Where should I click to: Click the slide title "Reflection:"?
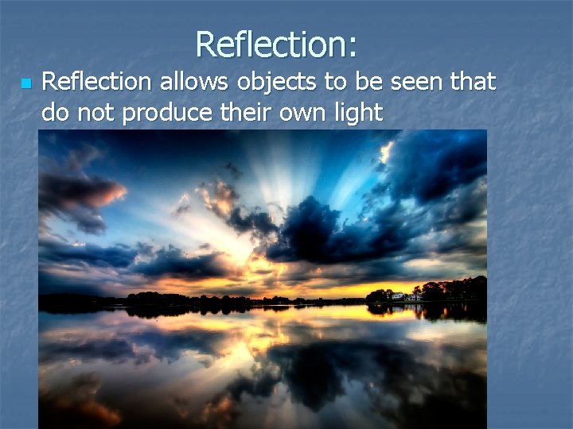coord(275,44)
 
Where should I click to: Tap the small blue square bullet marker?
coord(25,83)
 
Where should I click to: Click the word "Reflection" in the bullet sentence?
coord(95,81)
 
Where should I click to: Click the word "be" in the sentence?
coord(353,81)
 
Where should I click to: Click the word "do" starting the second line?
coord(55,113)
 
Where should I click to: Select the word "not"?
coord(97,113)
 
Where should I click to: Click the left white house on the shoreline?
coord(398,296)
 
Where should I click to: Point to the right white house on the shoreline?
coord(414,296)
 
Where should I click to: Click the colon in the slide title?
coord(351,49)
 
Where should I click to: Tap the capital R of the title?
coord(205,44)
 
